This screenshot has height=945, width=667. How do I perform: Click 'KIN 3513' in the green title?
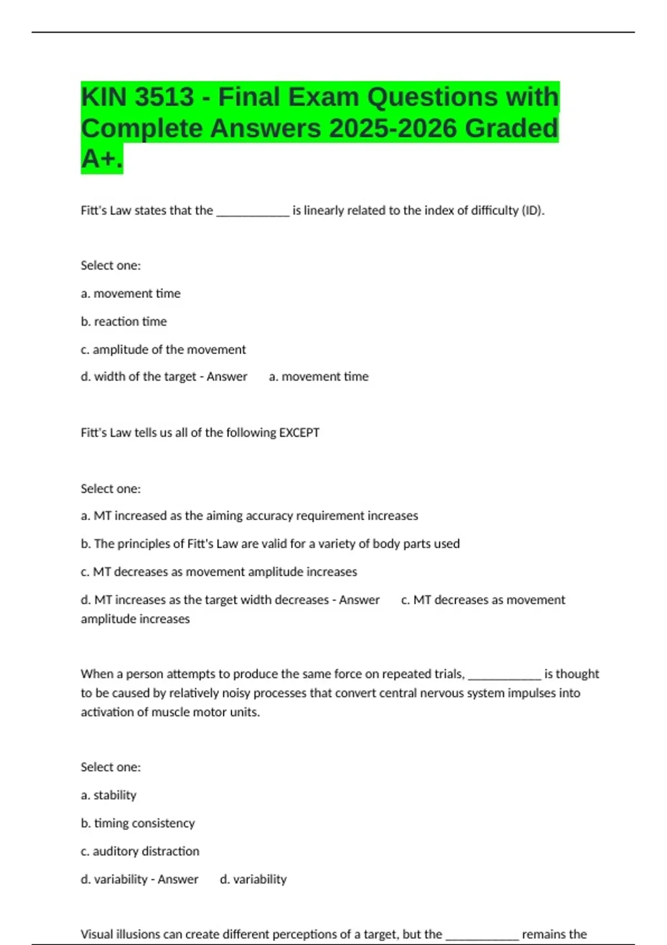pyautogui.click(x=137, y=97)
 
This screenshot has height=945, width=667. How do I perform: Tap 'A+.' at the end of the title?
pyautogui.click(x=102, y=159)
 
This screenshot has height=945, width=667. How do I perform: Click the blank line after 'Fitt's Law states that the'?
pyautogui.click(x=252, y=212)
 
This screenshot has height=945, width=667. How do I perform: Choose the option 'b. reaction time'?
pyautogui.click(x=123, y=322)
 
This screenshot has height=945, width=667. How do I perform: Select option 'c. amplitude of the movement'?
pyautogui.click(x=163, y=350)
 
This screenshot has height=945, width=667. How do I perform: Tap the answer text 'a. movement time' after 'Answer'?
pyautogui.click(x=318, y=377)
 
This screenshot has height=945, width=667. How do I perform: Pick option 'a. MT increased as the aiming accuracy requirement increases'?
pyautogui.click(x=249, y=516)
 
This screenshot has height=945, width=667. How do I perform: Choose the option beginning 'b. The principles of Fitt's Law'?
pyautogui.click(x=270, y=544)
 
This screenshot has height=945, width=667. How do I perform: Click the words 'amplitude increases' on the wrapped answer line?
pyautogui.click(x=135, y=619)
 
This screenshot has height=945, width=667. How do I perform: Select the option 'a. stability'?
pyautogui.click(x=108, y=795)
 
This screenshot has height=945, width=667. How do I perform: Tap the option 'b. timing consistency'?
pyautogui.click(x=138, y=823)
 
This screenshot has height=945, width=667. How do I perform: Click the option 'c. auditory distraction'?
pyautogui.click(x=140, y=851)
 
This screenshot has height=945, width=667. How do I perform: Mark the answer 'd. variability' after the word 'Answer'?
pyautogui.click(x=253, y=879)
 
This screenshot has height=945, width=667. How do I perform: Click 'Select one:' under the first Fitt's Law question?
pyautogui.click(x=111, y=266)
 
